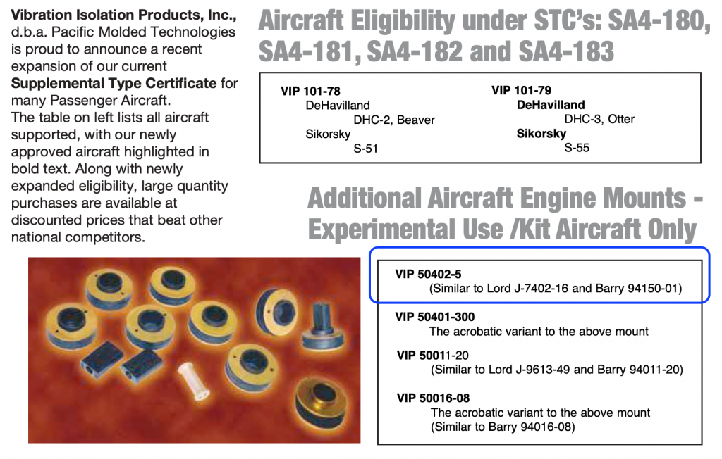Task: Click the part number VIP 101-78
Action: (310, 91)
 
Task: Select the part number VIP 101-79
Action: (521, 90)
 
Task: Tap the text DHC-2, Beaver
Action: (394, 120)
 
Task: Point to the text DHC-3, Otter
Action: (599, 119)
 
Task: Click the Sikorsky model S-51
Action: (366, 149)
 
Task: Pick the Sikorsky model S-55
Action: (577, 148)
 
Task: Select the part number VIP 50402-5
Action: (428, 274)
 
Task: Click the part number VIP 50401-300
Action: (434, 317)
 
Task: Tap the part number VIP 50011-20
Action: (433, 356)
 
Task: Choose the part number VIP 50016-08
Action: (434, 398)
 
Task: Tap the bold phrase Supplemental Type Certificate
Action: (114, 83)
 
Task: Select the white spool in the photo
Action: (194, 380)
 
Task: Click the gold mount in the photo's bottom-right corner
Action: (321, 401)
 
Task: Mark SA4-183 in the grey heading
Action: (566, 51)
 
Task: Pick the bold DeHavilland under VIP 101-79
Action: (551, 105)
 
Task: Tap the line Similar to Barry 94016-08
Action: (503, 427)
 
